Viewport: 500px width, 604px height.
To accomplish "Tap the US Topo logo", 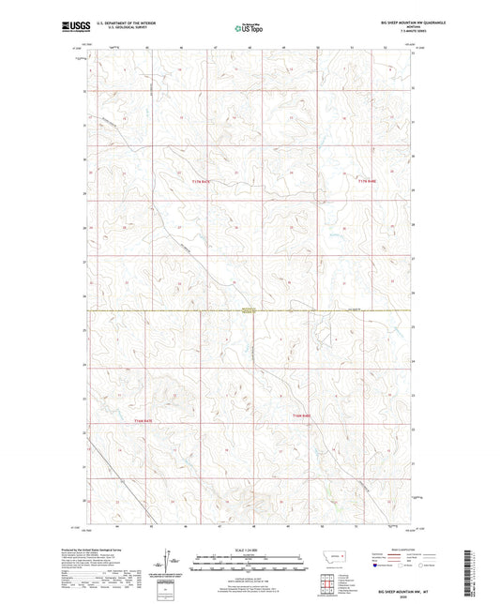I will (248, 29).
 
